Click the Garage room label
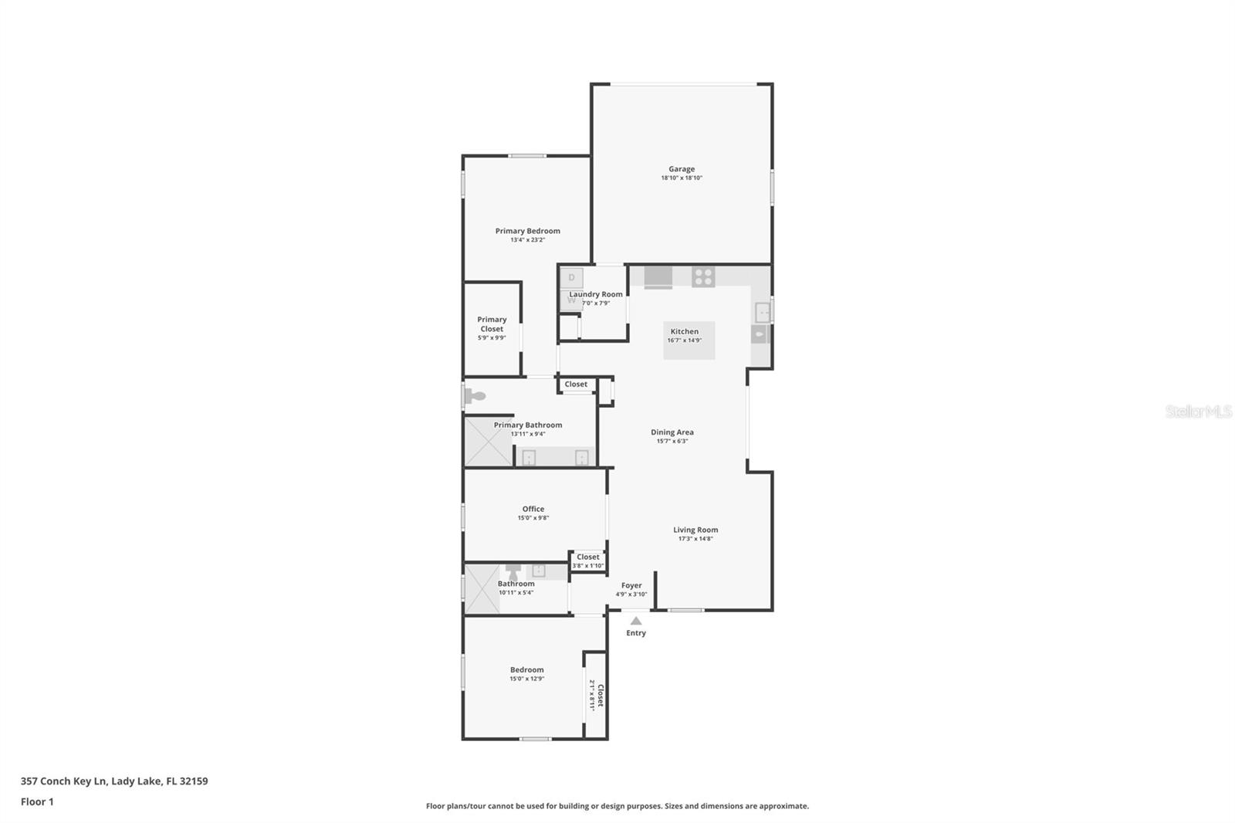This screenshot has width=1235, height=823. tap(682, 169)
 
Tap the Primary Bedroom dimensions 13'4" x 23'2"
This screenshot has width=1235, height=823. tap(527, 240)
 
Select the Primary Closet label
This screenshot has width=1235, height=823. tap(492, 324)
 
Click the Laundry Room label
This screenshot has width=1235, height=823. tap(596, 294)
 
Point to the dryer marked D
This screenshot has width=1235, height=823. tap(572, 277)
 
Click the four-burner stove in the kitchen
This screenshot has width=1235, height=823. tap(703, 276)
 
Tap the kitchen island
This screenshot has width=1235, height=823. tap(689, 340)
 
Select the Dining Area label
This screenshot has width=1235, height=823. tap(672, 432)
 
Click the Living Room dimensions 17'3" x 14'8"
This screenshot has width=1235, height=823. tap(695, 539)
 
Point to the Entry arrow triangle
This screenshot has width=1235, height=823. tap(636, 621)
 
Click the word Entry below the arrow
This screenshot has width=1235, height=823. tap(636, 633)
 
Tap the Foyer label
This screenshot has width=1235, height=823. tap(631, 585)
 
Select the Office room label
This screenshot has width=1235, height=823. tap(533, 509)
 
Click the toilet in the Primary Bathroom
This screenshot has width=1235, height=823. tap(475, 396)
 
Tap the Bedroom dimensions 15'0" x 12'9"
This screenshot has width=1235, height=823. tap(526, 679)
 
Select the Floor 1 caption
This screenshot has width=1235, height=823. tap(37, 802)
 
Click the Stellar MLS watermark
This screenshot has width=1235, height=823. tap(1198, 411)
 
